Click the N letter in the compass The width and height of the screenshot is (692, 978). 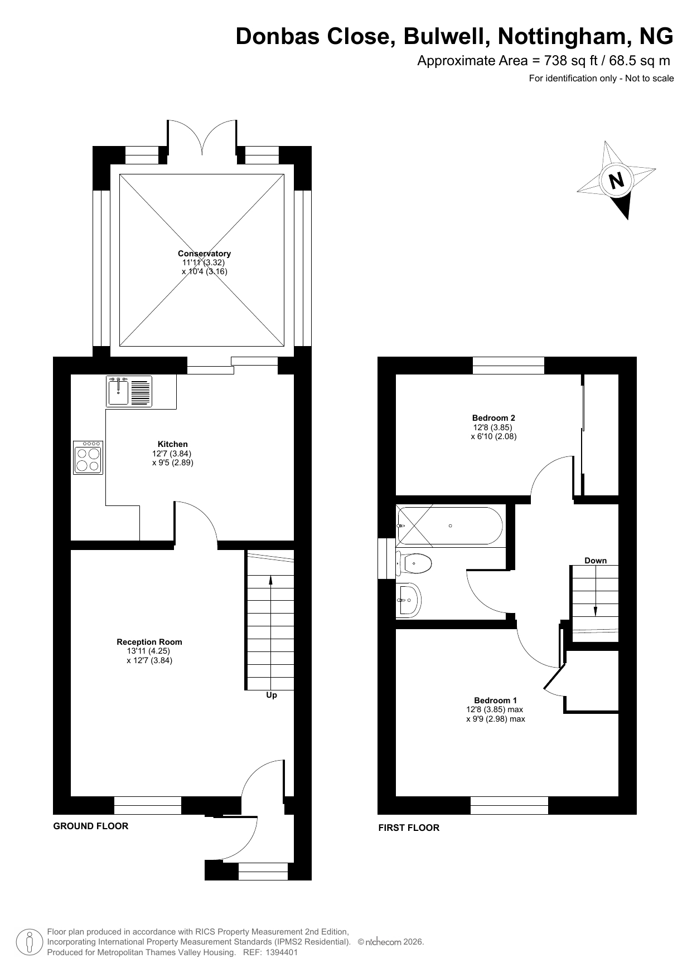616,181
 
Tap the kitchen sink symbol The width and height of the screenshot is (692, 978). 129,391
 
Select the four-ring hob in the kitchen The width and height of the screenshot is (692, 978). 88,458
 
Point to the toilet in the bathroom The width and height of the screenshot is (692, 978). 414,563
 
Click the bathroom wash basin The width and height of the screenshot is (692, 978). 408,600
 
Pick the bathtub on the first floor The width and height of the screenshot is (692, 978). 449,526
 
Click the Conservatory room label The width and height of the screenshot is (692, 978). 204,254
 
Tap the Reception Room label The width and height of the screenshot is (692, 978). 149,642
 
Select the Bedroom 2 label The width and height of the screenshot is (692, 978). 493,418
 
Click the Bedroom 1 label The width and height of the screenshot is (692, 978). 496,700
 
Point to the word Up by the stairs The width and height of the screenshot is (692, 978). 272,695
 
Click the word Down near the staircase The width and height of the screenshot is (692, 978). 596,561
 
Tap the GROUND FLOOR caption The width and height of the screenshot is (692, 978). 91,826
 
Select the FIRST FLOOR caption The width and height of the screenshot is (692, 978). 409,828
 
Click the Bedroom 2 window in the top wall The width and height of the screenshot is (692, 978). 509,366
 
